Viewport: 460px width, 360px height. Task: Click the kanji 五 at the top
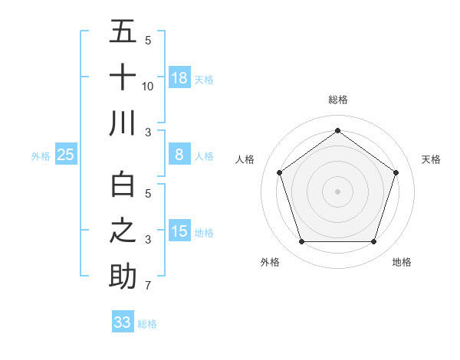coord(123,33)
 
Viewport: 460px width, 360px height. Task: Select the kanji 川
coord(123,124)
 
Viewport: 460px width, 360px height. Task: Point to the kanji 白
coord(123,186)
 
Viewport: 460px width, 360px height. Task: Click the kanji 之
coord(123,231)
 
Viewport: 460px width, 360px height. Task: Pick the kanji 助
coord(123,277)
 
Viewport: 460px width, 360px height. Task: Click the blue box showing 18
coord(179,78)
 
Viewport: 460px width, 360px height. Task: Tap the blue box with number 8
coord(179,155)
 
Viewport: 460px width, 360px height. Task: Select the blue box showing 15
coord(179,231)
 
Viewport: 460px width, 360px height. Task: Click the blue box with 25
coord(65,155)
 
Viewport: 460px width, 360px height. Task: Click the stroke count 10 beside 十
coord(148,87)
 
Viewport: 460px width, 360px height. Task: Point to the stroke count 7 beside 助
coord(148,286)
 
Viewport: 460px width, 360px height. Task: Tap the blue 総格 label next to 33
coord(147,324)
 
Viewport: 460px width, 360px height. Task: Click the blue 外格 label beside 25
coord(41,156)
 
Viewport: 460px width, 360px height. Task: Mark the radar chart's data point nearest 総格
coord(337,130)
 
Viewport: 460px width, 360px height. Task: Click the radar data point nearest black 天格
coord(396,172)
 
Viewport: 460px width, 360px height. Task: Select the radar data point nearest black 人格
coord(279,172)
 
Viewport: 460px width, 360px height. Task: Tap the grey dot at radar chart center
coord(337,191)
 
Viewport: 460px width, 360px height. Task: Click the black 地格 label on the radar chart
coord(402,262)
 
